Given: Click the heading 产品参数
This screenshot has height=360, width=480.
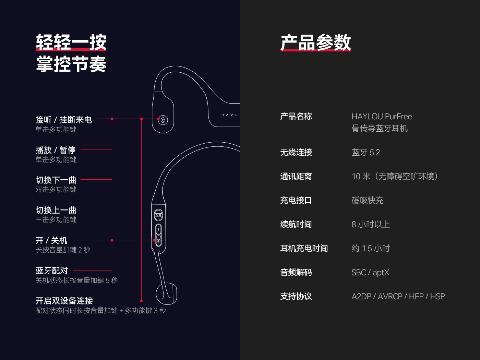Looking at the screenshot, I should click(316, 43).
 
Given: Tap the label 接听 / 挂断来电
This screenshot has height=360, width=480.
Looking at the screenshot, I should click(64, 120).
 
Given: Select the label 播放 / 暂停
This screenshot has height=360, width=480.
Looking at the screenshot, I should click(56, 150).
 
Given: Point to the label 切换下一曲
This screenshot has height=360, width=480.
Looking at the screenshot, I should click(56, 180).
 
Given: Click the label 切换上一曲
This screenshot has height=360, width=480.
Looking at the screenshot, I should click(56, 210).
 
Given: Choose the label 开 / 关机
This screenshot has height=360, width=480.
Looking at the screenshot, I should click(51, 240).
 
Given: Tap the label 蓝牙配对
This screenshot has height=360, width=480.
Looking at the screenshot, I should click(52, 271).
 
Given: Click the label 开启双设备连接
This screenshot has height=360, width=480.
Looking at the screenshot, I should click(64, 301).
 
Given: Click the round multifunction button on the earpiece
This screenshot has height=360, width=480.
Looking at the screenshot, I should click(163, 120).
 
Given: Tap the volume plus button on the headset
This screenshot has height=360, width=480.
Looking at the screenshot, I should click(159, 241).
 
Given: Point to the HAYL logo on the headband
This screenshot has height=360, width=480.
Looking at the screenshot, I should click(230, 115).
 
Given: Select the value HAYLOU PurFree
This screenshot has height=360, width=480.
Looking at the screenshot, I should click(382, 117).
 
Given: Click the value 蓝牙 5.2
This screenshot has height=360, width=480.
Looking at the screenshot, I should click(366, 152).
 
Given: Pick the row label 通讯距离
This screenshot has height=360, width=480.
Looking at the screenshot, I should click(296, 176).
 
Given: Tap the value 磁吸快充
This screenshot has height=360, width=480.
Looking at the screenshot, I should click(368, 200).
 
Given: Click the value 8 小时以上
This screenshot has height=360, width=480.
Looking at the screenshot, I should click(371, 224).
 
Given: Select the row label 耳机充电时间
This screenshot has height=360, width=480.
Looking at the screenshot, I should click(304, 248).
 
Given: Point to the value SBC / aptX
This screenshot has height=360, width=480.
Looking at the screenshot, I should click(370, 272).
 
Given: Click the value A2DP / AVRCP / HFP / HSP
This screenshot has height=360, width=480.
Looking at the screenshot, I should click(398, 296).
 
